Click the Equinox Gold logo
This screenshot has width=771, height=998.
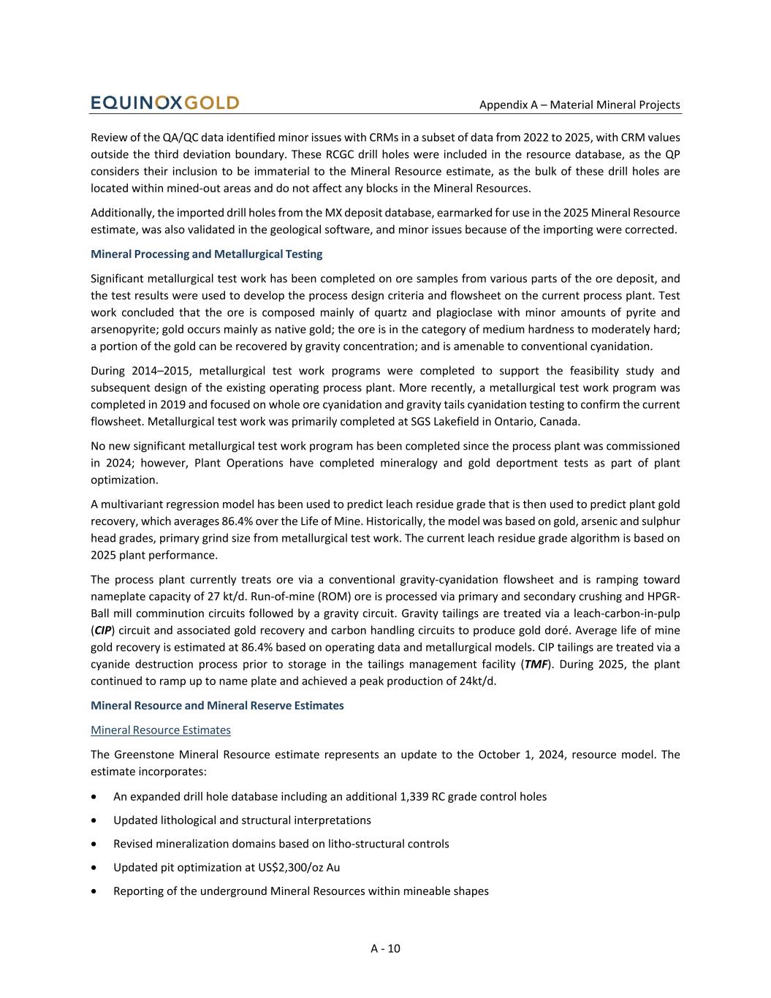point(164,103)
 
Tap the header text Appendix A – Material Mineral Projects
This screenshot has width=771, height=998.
point(580,105)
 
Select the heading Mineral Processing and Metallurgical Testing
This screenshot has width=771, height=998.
point(206,254)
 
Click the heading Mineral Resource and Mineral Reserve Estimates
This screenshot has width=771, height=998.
point(217,706)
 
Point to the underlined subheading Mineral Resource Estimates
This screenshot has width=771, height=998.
point(161,730)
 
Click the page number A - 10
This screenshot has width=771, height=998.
point(385,948)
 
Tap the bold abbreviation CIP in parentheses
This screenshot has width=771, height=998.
point(102,630)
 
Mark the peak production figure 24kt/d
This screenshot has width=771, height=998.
point(475,681)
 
